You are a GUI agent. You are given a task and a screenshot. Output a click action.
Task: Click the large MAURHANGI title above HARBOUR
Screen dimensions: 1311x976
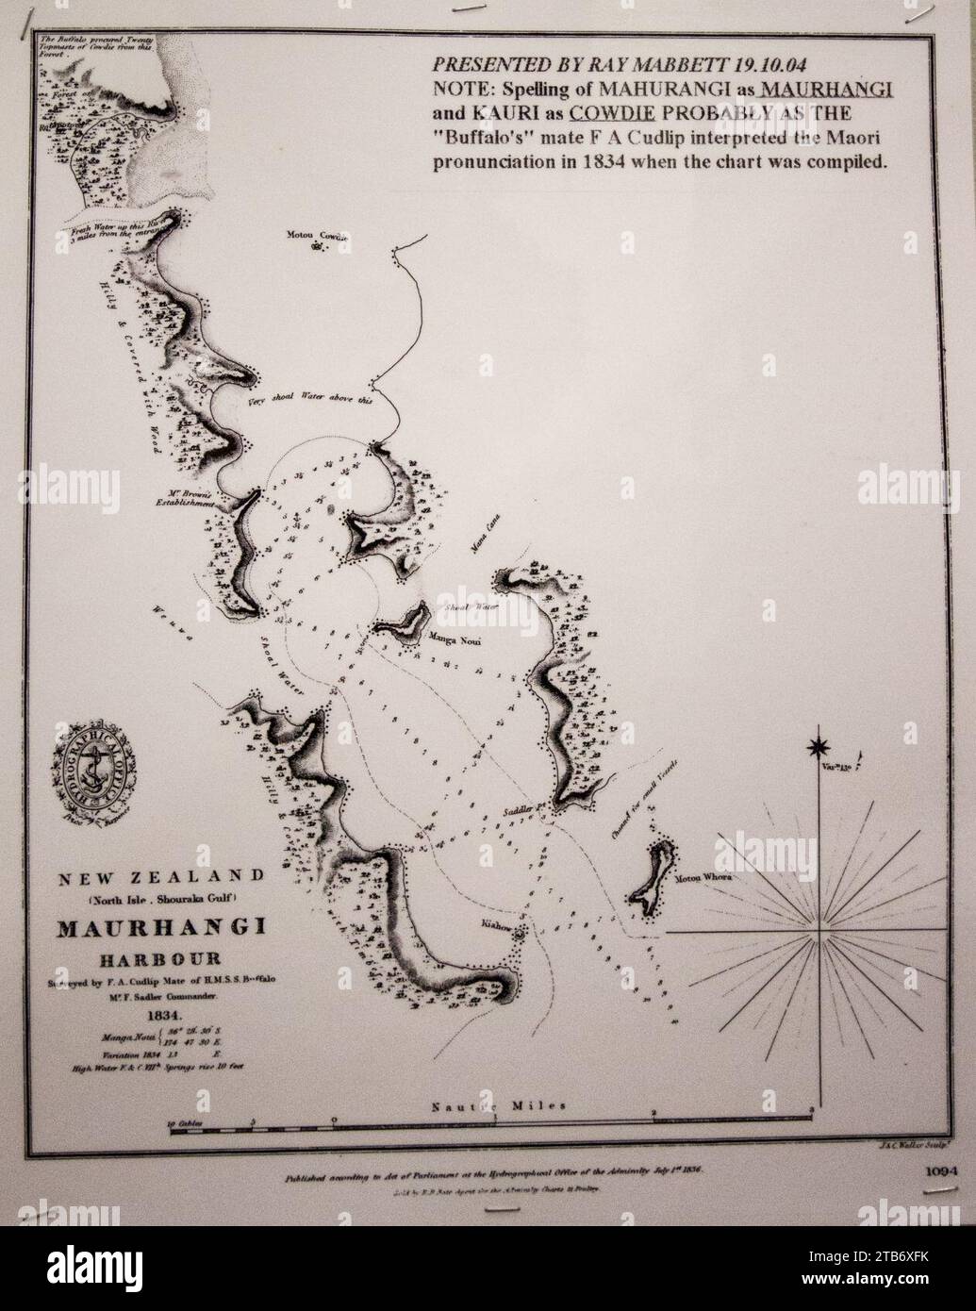161,927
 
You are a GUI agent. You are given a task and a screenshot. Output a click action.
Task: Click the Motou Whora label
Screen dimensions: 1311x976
703,877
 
